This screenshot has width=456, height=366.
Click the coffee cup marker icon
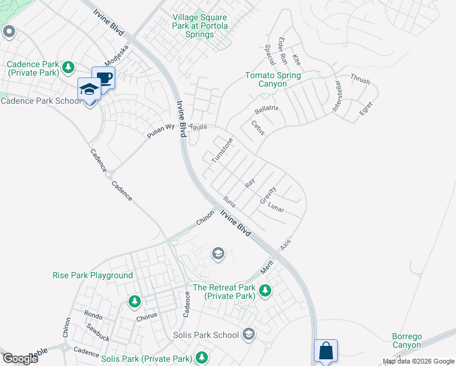pos(104,78)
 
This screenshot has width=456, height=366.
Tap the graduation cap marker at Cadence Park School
pos(89,90)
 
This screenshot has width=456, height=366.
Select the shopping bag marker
pos(326,351)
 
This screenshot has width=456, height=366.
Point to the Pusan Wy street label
pos(162,131)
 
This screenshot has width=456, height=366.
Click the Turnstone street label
pos(223,150)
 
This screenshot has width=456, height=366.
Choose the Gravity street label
pos(268,195)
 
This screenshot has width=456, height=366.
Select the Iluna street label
pos(229,201)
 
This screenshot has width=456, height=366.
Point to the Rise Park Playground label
pos(93,275)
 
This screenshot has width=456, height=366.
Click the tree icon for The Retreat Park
pos(265,290)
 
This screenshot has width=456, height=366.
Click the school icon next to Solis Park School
pos(248,334)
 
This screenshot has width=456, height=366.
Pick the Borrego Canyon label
pos(406,340)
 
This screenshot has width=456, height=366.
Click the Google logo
pos(20,359)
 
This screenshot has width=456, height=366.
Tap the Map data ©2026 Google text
pos(418,361)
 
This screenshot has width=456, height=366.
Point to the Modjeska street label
pos(116,56)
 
